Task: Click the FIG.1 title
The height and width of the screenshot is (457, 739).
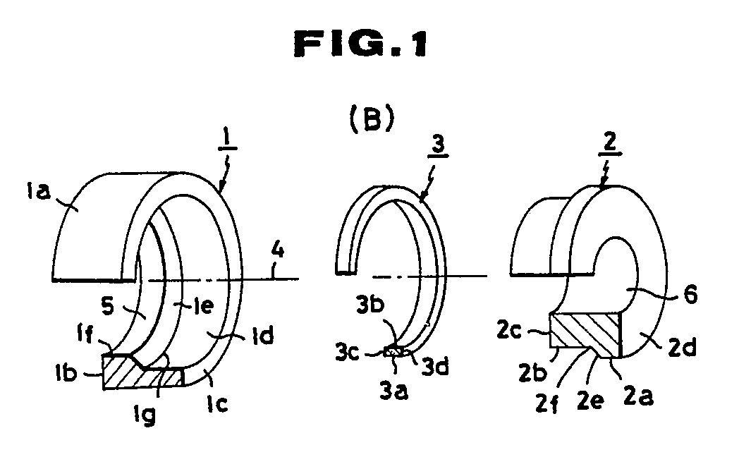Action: [360, 44]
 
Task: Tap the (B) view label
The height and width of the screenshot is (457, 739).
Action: [372, 120]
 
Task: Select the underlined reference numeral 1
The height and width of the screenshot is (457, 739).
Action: [227, 140]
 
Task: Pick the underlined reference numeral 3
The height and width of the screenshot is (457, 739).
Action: [439, 145]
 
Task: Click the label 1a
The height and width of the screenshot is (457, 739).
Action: [38, 191]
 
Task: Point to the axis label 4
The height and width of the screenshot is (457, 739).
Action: [278, 250]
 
